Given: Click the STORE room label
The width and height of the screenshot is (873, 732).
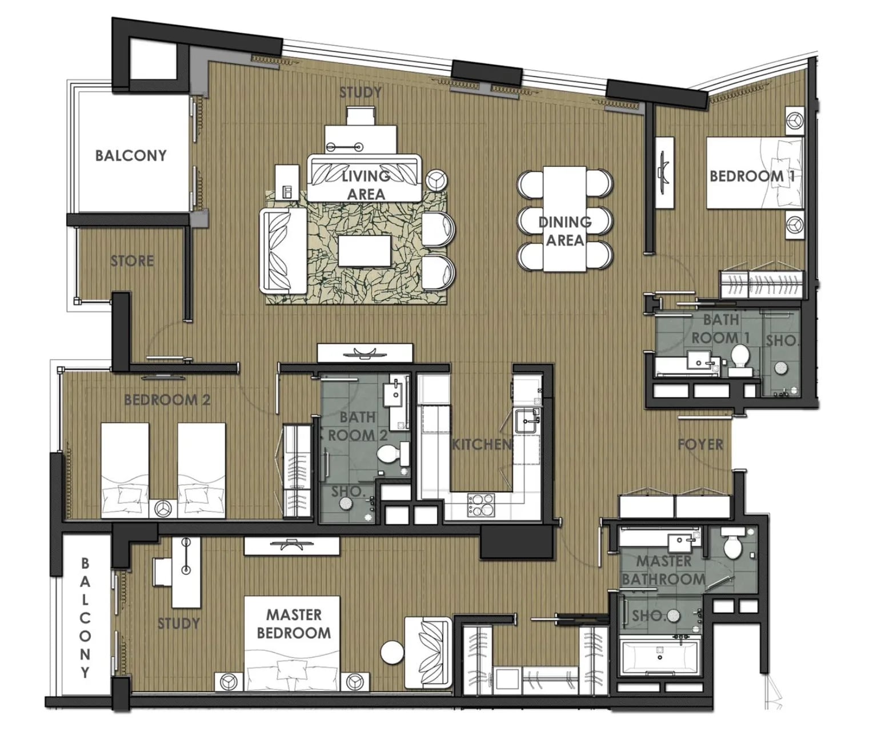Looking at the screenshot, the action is [x=132, y=261].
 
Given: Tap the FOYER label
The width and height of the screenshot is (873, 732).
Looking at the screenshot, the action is [x=700, y=444].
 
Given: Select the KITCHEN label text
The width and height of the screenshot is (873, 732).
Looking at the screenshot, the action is [x=482, y=444].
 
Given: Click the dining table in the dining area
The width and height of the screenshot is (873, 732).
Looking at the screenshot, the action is [x=564, y=219].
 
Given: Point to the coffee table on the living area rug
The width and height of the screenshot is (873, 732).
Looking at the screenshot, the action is [x=365, y=251].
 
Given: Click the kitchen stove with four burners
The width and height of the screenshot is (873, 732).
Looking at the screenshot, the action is [x=481, y=506].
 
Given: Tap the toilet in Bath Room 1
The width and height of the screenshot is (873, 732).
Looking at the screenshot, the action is [x=740, y=359].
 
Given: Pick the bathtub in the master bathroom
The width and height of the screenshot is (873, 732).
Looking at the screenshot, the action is [x=660, y=657].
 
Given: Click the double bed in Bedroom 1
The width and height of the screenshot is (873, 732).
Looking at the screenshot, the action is [x=754, y=173].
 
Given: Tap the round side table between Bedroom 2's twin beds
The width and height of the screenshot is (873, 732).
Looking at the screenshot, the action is [x=163, y=509].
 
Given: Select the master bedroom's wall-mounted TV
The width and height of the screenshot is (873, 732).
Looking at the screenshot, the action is [x=291, y=546].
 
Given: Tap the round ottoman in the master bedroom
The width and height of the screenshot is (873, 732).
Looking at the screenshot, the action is [x=392, y=653].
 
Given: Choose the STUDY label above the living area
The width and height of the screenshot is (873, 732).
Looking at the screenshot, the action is [x=361, y=92].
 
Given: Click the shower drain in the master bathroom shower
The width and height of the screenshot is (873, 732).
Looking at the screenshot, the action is [x=672, y=615].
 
